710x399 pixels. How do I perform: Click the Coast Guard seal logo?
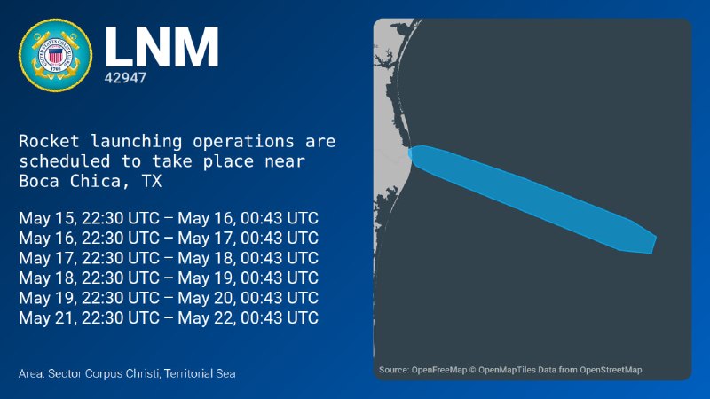pos(55,55)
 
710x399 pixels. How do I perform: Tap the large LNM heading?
pos(162,47)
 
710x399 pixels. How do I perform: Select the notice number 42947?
pos(125,78)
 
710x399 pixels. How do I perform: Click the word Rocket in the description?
pos(49,141)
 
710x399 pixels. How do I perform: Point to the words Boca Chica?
pos(70,181)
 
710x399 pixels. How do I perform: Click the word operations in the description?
pos(243,142)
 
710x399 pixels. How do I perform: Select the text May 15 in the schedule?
pos(47,218)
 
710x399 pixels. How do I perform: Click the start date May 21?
pos(47,317)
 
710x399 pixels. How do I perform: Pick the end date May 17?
pos(207,238)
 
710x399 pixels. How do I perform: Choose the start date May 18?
pos(47,278)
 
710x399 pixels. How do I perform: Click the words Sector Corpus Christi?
pos(104,373)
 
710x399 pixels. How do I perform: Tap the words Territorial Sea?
pos(200,373)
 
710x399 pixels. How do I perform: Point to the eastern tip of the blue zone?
pos(657,237)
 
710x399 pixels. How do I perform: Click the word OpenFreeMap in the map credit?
pos(438,370)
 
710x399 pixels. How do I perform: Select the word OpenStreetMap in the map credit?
pos(611,370)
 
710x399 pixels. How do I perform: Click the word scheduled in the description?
pos(64,161)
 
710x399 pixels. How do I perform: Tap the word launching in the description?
pos(136,142)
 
